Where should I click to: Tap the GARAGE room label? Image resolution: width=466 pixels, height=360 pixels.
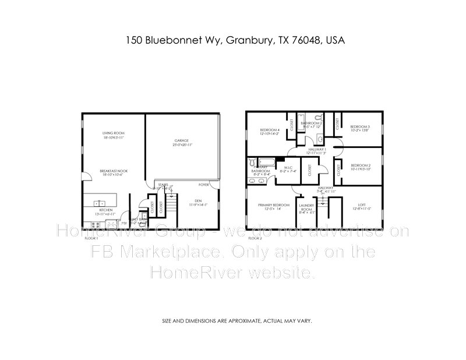coord(183,141)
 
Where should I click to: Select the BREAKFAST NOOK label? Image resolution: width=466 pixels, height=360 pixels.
coord(114,170)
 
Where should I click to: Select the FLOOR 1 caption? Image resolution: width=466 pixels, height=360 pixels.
coord(91,238)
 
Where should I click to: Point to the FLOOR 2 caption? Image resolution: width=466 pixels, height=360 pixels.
coord(255,238)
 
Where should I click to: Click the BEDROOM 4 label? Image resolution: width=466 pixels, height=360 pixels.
coord(270,129)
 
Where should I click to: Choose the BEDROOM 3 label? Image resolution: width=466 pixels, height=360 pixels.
coord(360,127)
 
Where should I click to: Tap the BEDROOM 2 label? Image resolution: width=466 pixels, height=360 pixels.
coord(360,165)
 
